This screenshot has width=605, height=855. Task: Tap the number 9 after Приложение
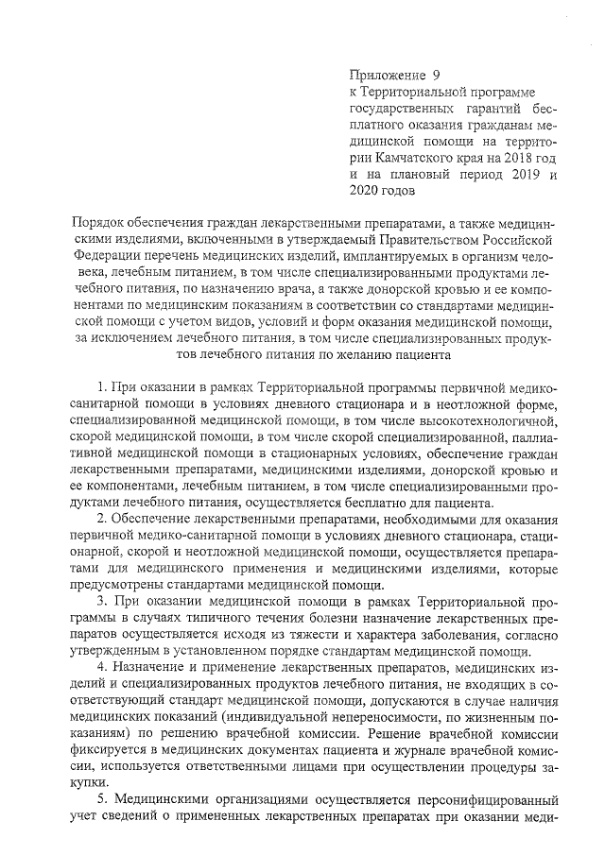click(437, 74)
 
